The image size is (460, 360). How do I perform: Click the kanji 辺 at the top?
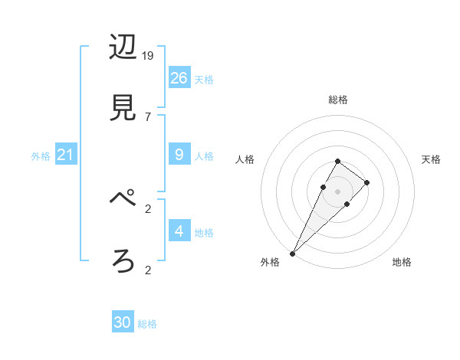123,48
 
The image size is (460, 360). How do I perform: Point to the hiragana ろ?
123,261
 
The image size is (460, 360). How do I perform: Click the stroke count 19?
148,56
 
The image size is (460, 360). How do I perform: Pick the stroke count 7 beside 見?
147,116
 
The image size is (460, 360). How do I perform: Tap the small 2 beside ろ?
147,270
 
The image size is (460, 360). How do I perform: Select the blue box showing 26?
179,78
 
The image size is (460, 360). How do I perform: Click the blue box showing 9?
179,155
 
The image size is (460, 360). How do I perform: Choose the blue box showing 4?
179,231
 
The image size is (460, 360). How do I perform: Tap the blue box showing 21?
66,155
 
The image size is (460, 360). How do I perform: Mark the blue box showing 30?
123,322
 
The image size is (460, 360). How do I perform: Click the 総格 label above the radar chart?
338,100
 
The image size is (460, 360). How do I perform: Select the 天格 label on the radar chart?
431,159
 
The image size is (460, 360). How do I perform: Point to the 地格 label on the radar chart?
402,262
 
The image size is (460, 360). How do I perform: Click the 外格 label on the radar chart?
270,262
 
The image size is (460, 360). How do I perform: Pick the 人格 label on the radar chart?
245,159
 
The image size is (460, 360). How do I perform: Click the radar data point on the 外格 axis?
293,253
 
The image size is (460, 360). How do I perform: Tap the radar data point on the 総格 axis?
338,161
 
